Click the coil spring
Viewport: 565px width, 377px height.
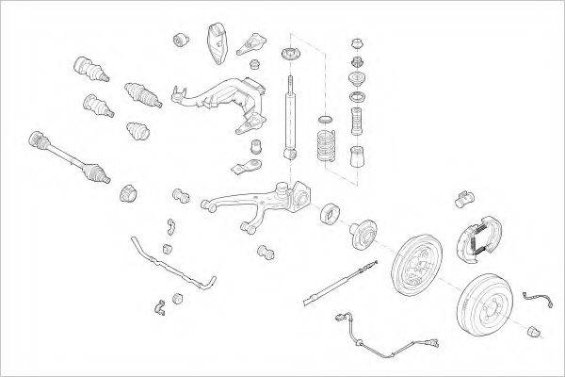pos(325,145)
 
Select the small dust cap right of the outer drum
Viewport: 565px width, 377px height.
pos(533,329)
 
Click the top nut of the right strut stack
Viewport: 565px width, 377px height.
pos(356,43)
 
